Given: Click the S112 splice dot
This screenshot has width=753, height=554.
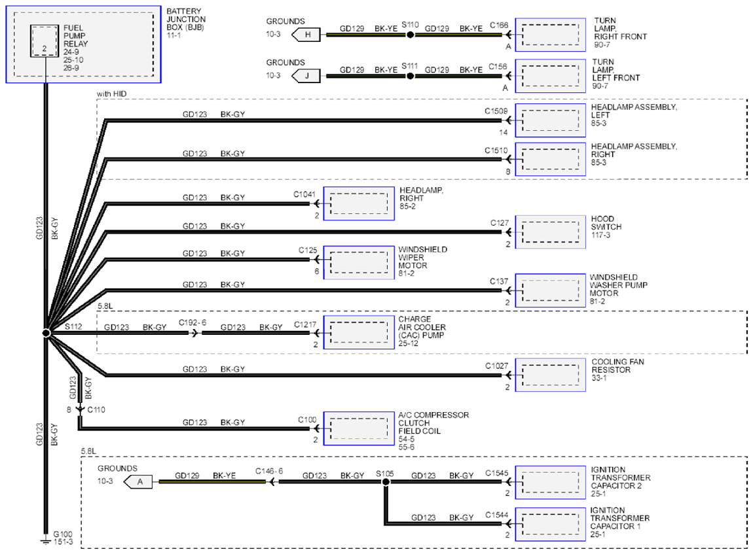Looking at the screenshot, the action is (x=46, y=332).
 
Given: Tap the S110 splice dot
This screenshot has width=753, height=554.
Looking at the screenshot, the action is (x=410, y=35).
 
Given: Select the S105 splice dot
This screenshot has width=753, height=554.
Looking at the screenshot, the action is (x=386, y=481).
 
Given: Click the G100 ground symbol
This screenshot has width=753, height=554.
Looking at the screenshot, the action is (x=46, y=540).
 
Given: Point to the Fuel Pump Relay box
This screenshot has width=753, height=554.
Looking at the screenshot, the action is (x=44, y=41).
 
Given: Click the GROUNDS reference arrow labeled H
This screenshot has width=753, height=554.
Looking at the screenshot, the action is (x=306, y=35).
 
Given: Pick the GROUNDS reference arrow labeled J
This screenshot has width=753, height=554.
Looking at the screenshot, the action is (x=306, y=76).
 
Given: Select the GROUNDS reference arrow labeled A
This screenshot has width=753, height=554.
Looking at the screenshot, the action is (x=138, y=481).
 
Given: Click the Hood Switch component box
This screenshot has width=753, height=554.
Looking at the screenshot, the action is (x=550, y=232).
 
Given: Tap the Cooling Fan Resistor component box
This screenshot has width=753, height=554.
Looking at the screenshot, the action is (x=550, y=375).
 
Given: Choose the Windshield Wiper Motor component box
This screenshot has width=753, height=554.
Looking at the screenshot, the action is (x=359, y=262).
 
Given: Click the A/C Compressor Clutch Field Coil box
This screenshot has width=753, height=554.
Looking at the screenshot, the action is (x=359, y=428).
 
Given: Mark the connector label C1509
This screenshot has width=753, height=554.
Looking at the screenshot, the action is (x=496, y=111).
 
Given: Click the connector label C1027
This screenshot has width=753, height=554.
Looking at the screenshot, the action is (x=496, y=366).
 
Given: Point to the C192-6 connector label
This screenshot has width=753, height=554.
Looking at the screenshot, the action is (x=193, y=322).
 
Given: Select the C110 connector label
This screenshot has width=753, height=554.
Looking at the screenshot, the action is (x=96, y=409).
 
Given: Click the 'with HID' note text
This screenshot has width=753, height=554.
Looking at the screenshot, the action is (x=111, y=94).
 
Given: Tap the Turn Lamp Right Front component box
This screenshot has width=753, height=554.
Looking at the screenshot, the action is (x=550, y=35).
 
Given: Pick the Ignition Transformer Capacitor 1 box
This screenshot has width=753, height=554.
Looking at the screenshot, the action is (x=550, y=525).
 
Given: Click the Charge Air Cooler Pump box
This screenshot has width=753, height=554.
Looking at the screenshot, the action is (x=359, y=332).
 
